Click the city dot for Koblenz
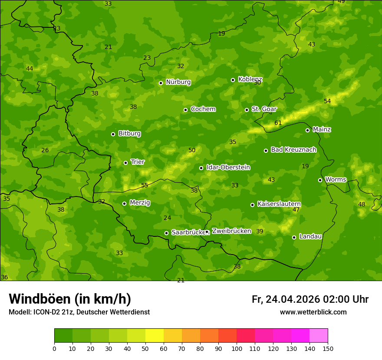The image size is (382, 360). pyautogui.click(x=233, y=80)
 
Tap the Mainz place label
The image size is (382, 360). pyautogui.click(x=322, y=129)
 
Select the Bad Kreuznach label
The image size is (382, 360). pyautogui.click(x=293, y=150)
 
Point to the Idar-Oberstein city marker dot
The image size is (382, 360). pyautogui.click(x=201, y=168)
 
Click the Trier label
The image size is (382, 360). pyautogui.click(x=138, y=162)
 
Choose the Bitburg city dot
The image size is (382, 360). pyautogui.click(x=113, y=134)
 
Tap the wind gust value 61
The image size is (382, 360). pyautogui.click(x=278, y=123)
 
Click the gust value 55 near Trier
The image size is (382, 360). pyautogui.click(x=145, y=185)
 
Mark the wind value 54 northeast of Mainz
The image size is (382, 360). pyautogui.click(x=327, y=101)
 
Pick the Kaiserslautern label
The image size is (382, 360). pyautogui.click(x=279, y=204)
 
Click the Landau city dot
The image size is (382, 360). pyautogui.click(x=294, y=237)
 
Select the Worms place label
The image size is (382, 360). pyautogui.click(x=336, y=180)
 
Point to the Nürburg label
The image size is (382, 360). pyautogui.click(x=178, y=82)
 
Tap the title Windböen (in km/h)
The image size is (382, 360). pyautogui.click(x=70, y=299)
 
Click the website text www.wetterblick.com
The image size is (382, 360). pyautogui.click(x=313, y=312)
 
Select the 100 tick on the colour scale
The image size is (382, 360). pyautogui.click(x=237, y=348)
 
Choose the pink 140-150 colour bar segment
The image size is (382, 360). pyautogui.click(x=319, y=336)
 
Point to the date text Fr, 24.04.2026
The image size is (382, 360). pyautogui.click(x=286, y=299)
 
